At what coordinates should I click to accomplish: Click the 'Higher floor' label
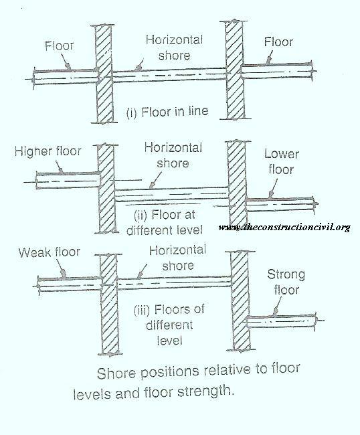point(48,151)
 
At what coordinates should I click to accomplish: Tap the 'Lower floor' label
point(281,162)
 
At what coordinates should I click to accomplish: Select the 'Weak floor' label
point(50,252)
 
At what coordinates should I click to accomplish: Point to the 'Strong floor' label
point(286,282)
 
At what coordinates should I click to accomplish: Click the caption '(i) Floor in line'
point(167,112)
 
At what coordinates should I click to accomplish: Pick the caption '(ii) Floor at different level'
point(165,222)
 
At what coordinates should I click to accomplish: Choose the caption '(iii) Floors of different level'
point(169,325)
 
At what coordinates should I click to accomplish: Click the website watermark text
point(284,228)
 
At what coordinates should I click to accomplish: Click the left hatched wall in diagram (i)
point(104,74)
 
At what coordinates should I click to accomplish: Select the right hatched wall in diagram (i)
point(235,70)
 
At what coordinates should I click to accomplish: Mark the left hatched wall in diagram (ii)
point(107,189)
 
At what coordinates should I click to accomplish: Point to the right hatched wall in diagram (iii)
point(240,300)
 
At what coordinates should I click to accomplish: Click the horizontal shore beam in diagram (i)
point(169,76)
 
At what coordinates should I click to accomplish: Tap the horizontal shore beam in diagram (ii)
point(171,194)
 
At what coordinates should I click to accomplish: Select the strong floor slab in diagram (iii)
point(281,321)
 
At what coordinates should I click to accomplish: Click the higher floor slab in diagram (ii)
point(68,181)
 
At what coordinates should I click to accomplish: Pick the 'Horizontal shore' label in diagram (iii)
point(177,258)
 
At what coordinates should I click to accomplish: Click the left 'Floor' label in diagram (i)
point(60,46)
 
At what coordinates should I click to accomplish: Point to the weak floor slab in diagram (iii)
point(70,284)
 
